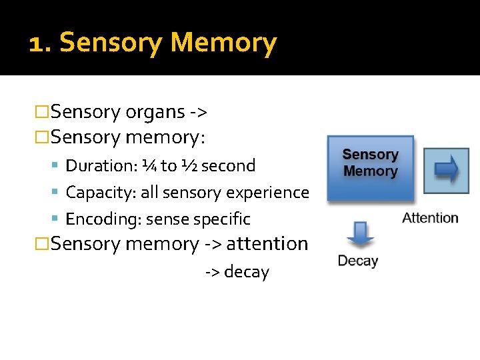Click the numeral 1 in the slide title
pyautogui.click(x=37, y=43)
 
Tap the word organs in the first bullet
pyautogui.click(x=155, y=111)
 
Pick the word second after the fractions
pyautogui.click(x=229, y=165)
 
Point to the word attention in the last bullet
pyautogui.click(x=267, y=244)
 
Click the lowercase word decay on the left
pyautogui.click(x=246, y=272)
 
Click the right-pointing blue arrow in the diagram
pyautogui.click(x=447, y=169)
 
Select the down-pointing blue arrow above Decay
pyautogui.click(x=360, y=233)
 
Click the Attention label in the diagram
pyautogui.click(x=430, y=218)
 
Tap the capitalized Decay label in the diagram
pyautogui.click(x=358, y=261)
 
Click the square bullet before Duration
pyautogui.click(x=55, y=166)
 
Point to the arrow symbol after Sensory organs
pyautogui.click(x=197, y=112)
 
